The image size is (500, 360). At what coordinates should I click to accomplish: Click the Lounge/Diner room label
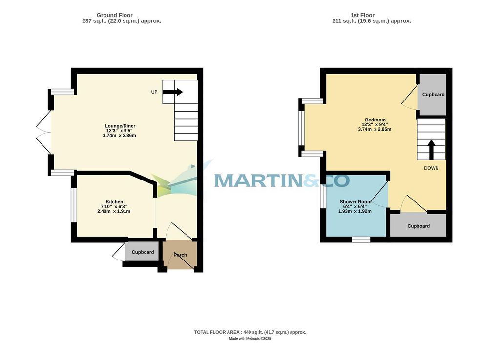[120, 126]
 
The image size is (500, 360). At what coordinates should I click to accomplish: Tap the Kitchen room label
[114, 202]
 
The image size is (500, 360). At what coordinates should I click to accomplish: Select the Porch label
[180, 255]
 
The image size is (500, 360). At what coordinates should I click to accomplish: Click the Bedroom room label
[375, 120]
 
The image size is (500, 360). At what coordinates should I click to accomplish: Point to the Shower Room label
[355, 202]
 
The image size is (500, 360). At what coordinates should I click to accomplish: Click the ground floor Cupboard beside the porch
[143, 252]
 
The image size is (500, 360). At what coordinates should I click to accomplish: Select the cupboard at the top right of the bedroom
[433, 94]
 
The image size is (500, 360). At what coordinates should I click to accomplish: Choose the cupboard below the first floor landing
[418, 226]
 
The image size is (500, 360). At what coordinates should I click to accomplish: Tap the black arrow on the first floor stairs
[431, 149]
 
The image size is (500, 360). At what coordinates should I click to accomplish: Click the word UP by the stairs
[154, 92]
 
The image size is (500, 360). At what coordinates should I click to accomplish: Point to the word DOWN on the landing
[431, 168]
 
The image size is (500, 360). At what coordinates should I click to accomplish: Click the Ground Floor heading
[114, 15]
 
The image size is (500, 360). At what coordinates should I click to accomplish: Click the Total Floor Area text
[250, 332]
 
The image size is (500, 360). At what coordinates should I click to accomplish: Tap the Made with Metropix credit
[250, 338]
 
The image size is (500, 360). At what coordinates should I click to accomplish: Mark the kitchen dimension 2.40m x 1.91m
[114, 211]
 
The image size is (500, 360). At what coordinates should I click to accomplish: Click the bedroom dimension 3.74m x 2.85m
[375, 129]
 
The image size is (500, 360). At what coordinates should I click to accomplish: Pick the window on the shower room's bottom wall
[361, 240]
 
